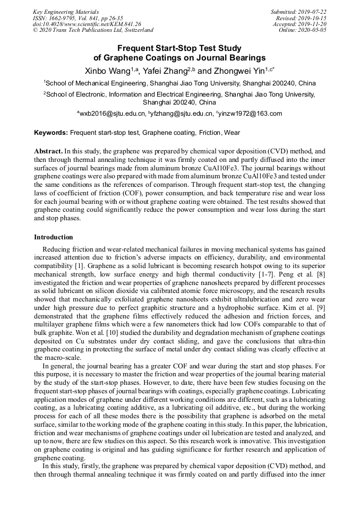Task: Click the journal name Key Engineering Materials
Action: pos(66,12)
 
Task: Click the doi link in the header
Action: pos(87,24)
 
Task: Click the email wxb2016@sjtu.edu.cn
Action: pos(113,114)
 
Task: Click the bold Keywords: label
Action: pos(51,132)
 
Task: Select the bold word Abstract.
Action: pos(48,151)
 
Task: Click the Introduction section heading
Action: pos(54,237)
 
